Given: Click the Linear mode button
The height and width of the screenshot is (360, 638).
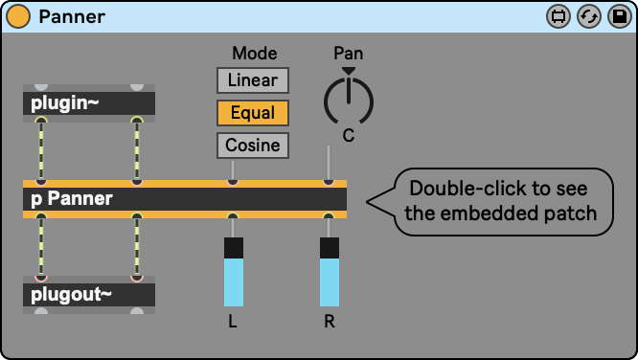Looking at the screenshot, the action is point(253,80).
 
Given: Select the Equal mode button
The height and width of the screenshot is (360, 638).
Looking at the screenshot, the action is point(253,113).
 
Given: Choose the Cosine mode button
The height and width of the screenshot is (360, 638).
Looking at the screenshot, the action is point(253,146).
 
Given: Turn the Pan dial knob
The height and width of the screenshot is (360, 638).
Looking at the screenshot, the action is point(349,101).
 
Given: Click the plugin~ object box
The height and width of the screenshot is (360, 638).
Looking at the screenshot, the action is point(89,103).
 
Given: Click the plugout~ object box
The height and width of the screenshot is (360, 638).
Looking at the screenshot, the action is point(89,295).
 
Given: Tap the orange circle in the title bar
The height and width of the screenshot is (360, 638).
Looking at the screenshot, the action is point(18,16).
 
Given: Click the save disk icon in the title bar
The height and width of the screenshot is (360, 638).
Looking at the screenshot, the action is point(620,16).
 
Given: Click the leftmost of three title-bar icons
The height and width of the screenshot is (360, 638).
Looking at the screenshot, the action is point(558,16).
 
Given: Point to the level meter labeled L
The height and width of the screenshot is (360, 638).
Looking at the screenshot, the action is point(234,272).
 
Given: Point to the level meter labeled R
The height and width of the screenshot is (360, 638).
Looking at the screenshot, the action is point(330,272).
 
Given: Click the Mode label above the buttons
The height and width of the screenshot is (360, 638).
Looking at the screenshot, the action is point(255,54).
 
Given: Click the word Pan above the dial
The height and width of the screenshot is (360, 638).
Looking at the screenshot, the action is point(349,54).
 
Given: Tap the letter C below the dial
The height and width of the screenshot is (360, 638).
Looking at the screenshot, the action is point(349,135).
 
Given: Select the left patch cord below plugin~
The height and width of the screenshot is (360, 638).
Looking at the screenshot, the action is point(41,150).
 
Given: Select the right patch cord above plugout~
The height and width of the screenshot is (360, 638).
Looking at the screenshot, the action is point(137,247).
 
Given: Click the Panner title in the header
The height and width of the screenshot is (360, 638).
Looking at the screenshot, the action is point(72,16).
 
